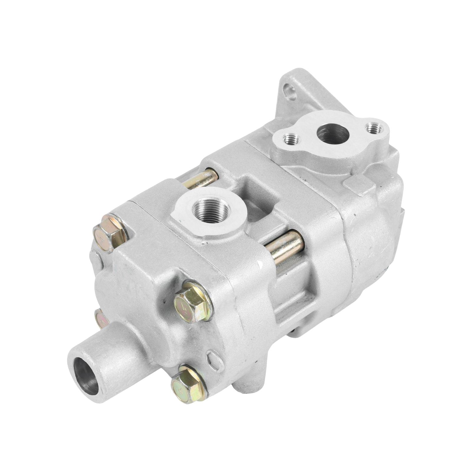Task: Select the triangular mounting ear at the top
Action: point(298,88)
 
